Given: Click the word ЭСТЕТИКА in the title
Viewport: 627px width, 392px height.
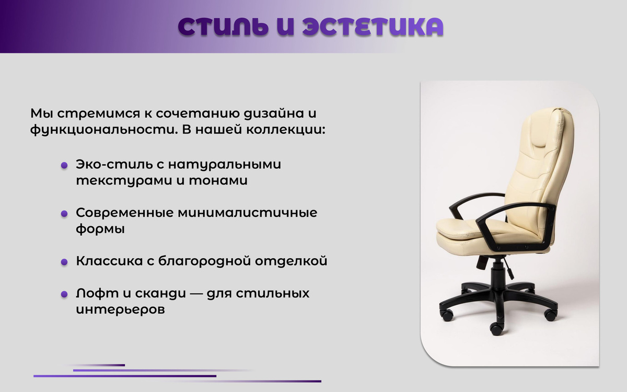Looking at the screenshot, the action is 373,27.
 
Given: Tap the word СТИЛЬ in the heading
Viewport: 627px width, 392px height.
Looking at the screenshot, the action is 223,27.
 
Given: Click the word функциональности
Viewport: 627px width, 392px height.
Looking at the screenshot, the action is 104,130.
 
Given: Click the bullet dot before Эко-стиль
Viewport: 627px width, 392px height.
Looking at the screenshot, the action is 64,165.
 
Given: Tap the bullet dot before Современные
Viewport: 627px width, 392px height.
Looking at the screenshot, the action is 64,214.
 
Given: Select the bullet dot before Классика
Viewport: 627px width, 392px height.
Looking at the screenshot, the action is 64,262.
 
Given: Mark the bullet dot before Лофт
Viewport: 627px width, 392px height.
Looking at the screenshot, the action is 64,294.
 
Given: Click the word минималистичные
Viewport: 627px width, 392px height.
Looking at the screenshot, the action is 248,213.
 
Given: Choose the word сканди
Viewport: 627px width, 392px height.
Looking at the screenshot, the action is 160,293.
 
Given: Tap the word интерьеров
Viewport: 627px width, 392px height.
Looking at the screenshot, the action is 120,309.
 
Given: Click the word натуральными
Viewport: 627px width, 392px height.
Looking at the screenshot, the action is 225,164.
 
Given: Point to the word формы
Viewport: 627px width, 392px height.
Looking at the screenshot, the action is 100,229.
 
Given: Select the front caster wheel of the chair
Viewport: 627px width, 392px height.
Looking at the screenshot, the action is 496,329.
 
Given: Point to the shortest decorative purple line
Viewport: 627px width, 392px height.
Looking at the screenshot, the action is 95,365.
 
